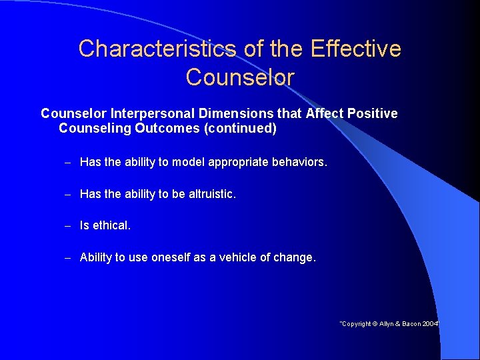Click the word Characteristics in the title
pyautogui.click(x=157, y=49)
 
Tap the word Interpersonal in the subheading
pyautogui.click(x=149, y=114)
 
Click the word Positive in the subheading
pyautogui.click(x=371, y=114)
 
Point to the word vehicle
pyautogui.click(x=234, y=257)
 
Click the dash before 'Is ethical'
pyautogui.click(x=67, y=226)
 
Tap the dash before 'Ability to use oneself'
pyautogui.click(x=67, y=258)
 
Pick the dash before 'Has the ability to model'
pyautogui.click(x=67, y=163)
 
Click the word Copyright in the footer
pyautogui.click(x=357, y=324)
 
